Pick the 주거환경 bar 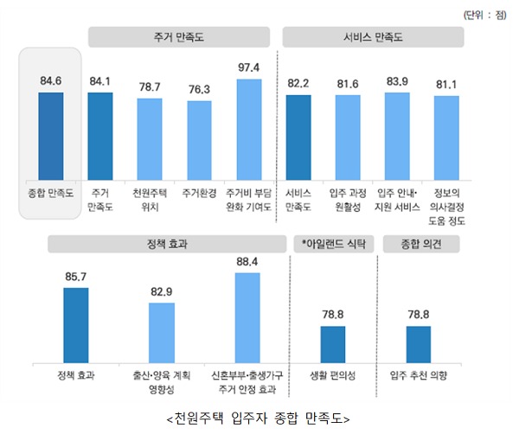coord(200,138)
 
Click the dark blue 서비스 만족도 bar coord(298,136)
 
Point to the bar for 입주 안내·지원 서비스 coord(397,135)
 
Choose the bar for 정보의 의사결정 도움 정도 coord(446,137)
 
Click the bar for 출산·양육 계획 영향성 coord(162,333)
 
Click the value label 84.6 coord(51,81)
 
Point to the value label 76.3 coord(200,89)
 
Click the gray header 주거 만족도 coord(183,38)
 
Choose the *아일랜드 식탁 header coord(333,245)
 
